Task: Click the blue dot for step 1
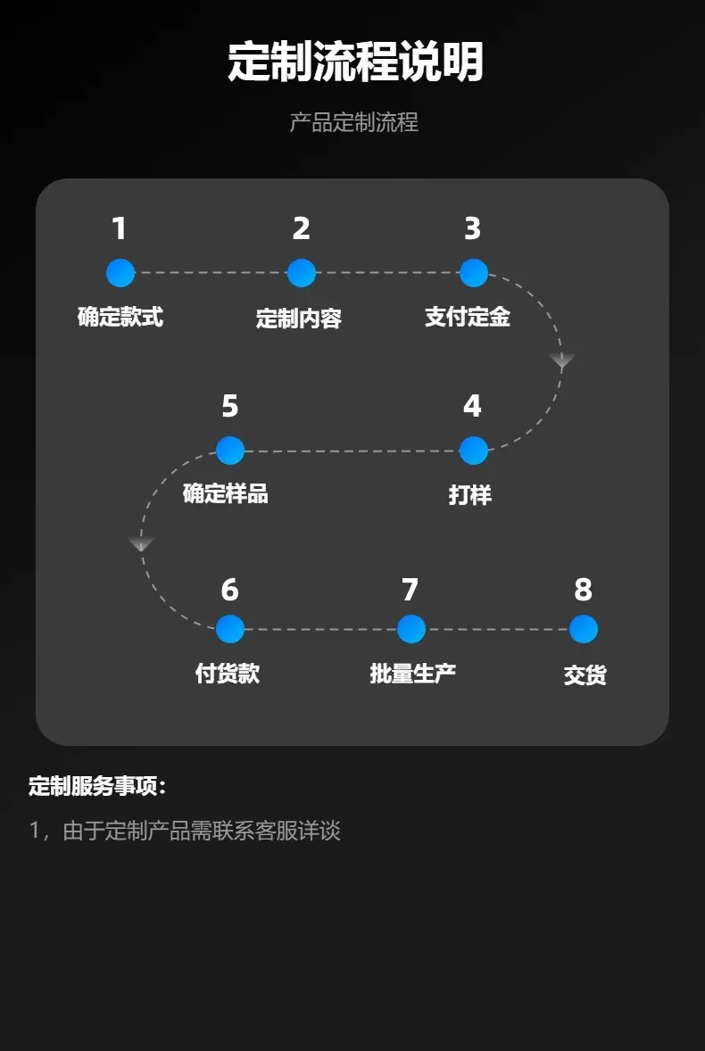(x=120, y=273)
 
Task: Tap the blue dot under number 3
(x=474, y=273)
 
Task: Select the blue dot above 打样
(x=474, y=451)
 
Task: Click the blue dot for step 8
(x=583, y=629)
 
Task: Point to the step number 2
(x=301, y=228)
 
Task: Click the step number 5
(x=230, y=406)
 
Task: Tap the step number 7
(x=411, y=590)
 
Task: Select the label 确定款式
(x=120, y=317)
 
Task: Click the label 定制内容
(x=299, y=318)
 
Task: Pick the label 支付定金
(x=468, y=317)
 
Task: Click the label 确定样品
(x=226, y=494)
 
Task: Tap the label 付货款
(x=228, y=673)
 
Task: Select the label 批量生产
(x=413, y=673)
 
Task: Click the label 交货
(x=585, y=675)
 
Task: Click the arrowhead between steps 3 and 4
(x=562, y=360)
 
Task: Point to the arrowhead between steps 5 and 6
(x=141, y=543)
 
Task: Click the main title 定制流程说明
(x=355, y=62)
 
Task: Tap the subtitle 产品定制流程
(x=354, y=122)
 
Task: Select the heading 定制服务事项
(x=97, y=786)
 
